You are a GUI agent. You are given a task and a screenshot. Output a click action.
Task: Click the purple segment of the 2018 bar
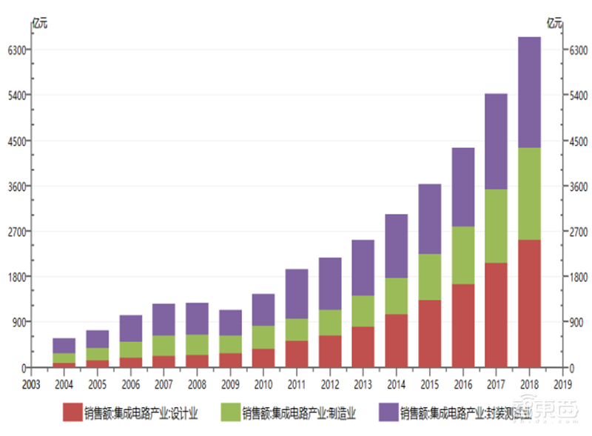click(x=528, y=93)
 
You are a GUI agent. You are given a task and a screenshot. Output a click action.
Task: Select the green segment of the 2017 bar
click(x=495, y=226)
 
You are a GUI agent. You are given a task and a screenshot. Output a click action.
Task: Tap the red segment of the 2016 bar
click(x=462, y=325)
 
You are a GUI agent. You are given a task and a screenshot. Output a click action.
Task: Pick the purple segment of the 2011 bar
click(x=297, y=294)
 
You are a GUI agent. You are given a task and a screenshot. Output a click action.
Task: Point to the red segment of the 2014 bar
click(x=396, y=341)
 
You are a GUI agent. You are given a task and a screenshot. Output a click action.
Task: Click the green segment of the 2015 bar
click(x=429, y=277)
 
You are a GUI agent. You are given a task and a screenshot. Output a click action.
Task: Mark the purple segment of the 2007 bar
click(x=164, y=320)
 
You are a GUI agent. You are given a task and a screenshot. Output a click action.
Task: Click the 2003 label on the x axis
click(x=30, y=383)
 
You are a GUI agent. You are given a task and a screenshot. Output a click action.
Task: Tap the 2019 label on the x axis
click(x=562, y=383)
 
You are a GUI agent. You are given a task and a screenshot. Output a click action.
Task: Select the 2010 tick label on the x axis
click(x=263, y=383)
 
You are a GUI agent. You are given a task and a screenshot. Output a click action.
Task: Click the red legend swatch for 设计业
click(x=72, y=412)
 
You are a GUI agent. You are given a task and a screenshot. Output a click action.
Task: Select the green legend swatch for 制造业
click(x=229, y=412)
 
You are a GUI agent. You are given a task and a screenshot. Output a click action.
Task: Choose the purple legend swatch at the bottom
click(x=387, y=412)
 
